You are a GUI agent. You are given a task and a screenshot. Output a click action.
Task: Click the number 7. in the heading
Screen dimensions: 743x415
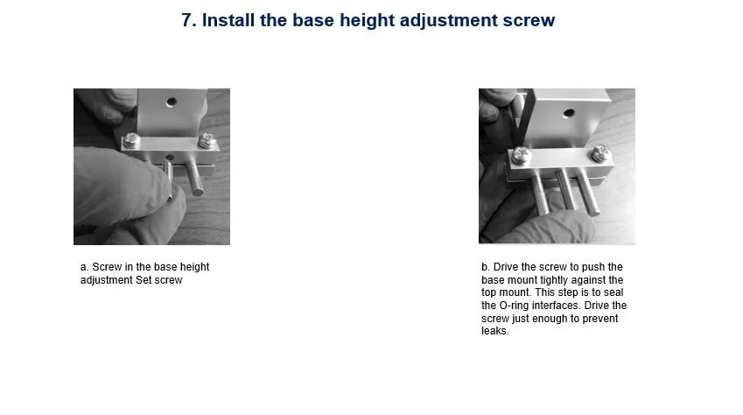pyautogui.click(x=188, y=20)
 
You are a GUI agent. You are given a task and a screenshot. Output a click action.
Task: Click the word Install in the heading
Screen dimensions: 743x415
pyautogui.click(x=228, y=20)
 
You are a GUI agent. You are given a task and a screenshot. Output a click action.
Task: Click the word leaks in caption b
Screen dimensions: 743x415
pyautogui.click(x=494, y=331)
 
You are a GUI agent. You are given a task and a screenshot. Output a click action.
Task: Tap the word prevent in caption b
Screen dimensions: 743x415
pyautogui.click(x=599, y=318)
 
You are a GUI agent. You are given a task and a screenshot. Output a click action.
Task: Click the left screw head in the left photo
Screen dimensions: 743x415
pyautogui.click(x=132, y=141)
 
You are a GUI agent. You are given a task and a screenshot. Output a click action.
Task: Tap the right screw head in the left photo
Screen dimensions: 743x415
pyautogui.click(x=207, y=140)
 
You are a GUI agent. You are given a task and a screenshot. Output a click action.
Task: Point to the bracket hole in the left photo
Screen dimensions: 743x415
pyautogui.click(x=172, y=101)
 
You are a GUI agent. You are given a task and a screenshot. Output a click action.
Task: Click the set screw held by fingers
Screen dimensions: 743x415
pyautogui.click(x=169, y=177)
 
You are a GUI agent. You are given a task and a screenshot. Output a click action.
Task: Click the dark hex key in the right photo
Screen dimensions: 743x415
pyautogui.click(x=525, y=118)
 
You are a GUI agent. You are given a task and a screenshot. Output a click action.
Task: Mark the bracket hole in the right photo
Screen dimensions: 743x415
pyautogui.click(x=569, y=113)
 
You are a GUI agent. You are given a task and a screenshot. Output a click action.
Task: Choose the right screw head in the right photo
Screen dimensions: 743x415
pyautogui.click(x=600, y=153)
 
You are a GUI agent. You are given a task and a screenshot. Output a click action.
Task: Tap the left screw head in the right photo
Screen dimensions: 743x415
pyautogui.click(x=521, y=156)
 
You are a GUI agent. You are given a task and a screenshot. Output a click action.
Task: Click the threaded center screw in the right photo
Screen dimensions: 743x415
pyautogui.click(x=566, y=189)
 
